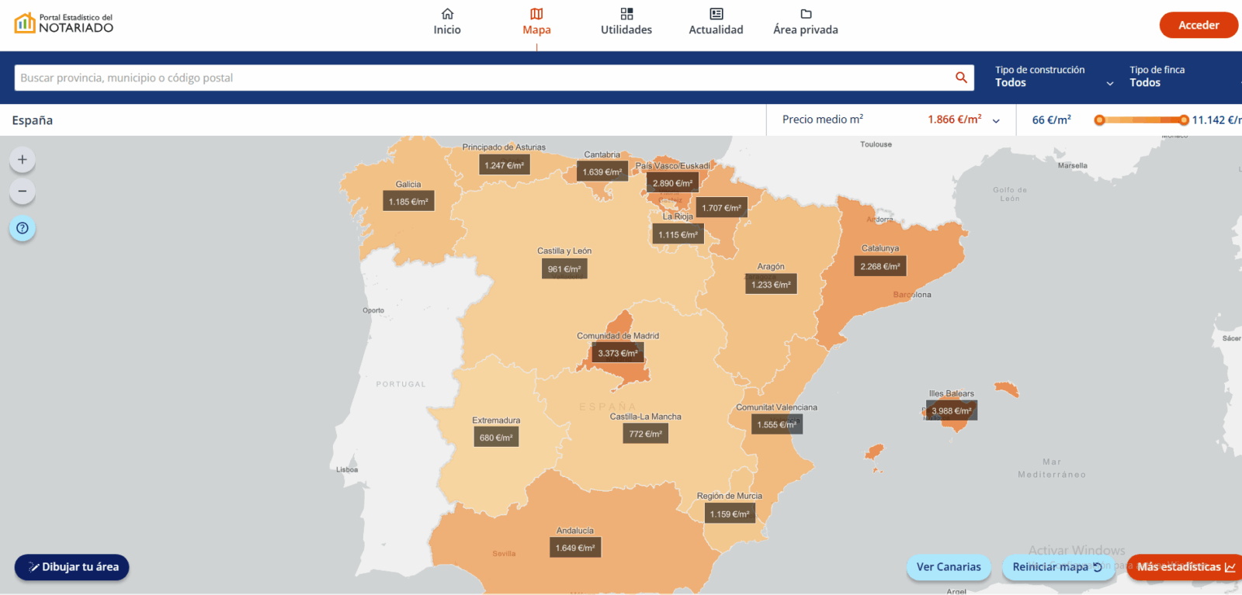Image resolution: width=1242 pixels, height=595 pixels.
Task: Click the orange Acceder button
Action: click(x=1198, y=25)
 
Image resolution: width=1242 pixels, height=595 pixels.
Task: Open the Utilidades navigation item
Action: click(x=626, y=22)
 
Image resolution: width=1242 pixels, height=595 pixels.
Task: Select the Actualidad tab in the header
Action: click(x=716, y=22)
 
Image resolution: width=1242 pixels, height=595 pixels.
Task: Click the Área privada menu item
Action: click(x=805, y=22)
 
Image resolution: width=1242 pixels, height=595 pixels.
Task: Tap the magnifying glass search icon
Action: click(x=961, y=78)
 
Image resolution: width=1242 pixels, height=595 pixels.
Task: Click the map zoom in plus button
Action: click(x=23, y=160)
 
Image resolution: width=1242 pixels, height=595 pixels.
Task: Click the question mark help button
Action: click(x=23, y=228)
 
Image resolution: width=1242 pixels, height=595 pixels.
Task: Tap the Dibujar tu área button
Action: click(x=72, y=567)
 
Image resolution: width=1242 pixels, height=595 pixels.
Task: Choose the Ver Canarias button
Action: click(x=948, y=567)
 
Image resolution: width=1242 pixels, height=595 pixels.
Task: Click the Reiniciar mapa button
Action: click(x=1056, y=567)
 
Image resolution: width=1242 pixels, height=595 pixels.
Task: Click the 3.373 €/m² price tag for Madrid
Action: click(x=618, y=353)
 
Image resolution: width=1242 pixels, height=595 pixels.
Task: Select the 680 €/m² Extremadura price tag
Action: click(x=496, y=438)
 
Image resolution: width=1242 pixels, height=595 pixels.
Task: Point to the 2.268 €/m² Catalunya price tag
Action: click(x=880, y=266)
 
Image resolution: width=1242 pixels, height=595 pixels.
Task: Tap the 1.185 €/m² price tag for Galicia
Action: click(x=408, y=202)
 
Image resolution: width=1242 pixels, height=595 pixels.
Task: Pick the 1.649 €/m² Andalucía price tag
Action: click(x=575, y=548)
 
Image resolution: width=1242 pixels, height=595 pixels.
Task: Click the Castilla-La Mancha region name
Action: click(x=645, y=417)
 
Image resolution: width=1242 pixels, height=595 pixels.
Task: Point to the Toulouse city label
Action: click(x=876, y=144)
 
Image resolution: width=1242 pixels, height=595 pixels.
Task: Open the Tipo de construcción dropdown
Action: click(x=1053, y=77)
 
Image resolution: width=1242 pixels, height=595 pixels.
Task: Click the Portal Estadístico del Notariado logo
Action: click(x=64, y=23)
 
